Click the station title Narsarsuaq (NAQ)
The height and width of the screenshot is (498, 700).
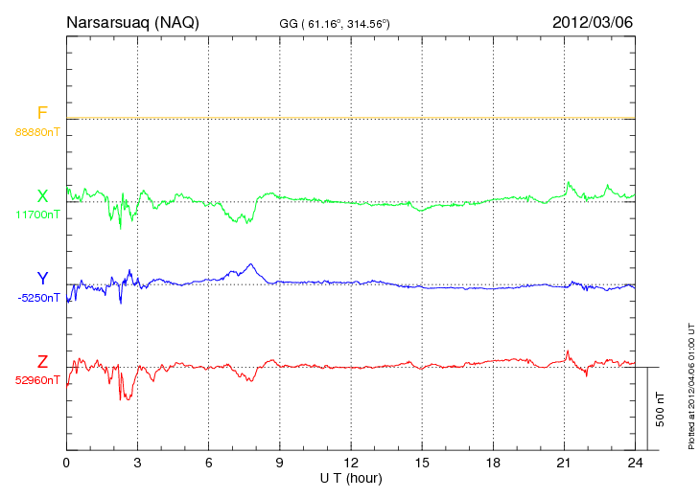pos(132,22)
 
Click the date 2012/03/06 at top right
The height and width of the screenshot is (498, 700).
pos(593,22)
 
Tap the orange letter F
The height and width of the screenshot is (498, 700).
pos(42,114)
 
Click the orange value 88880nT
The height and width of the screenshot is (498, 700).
pos(37,131)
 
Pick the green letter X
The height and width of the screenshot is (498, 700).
pos(42,196)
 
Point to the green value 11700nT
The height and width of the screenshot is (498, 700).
pos(37,214)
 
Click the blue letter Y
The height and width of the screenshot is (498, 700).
pos(42,279)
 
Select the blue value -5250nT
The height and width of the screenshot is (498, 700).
pos(37,297)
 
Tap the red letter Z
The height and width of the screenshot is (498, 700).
pos(42,362)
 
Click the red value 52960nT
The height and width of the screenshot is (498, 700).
pos(37,379)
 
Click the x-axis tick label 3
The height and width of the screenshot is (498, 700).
pos(137,463)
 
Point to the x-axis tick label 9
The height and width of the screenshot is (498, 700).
pos(279,463)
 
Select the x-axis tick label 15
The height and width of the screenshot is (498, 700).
pos(421,463)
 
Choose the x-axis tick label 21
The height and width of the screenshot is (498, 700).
pos(563,463)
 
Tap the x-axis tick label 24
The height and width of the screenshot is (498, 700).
pos(634,463)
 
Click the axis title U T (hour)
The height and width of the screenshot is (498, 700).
pos(351,477)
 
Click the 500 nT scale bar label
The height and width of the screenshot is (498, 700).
pos(661,409)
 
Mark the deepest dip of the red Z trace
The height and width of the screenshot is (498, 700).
pos(122,399)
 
